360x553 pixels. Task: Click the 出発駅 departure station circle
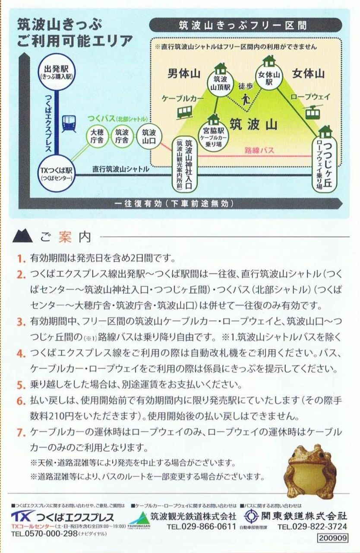pos(57,72)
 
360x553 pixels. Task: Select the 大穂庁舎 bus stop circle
pos(97,137)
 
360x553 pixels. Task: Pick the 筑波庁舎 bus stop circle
pos(122,137)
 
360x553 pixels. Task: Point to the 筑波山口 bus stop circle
pos(148,137)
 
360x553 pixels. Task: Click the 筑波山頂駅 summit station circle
pos(220,83)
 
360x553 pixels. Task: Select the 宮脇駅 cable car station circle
pos(214,137)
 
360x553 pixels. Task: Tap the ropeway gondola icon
pos(313,111)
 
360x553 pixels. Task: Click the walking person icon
pos(245,100)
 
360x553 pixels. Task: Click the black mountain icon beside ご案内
pos(22,236)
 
